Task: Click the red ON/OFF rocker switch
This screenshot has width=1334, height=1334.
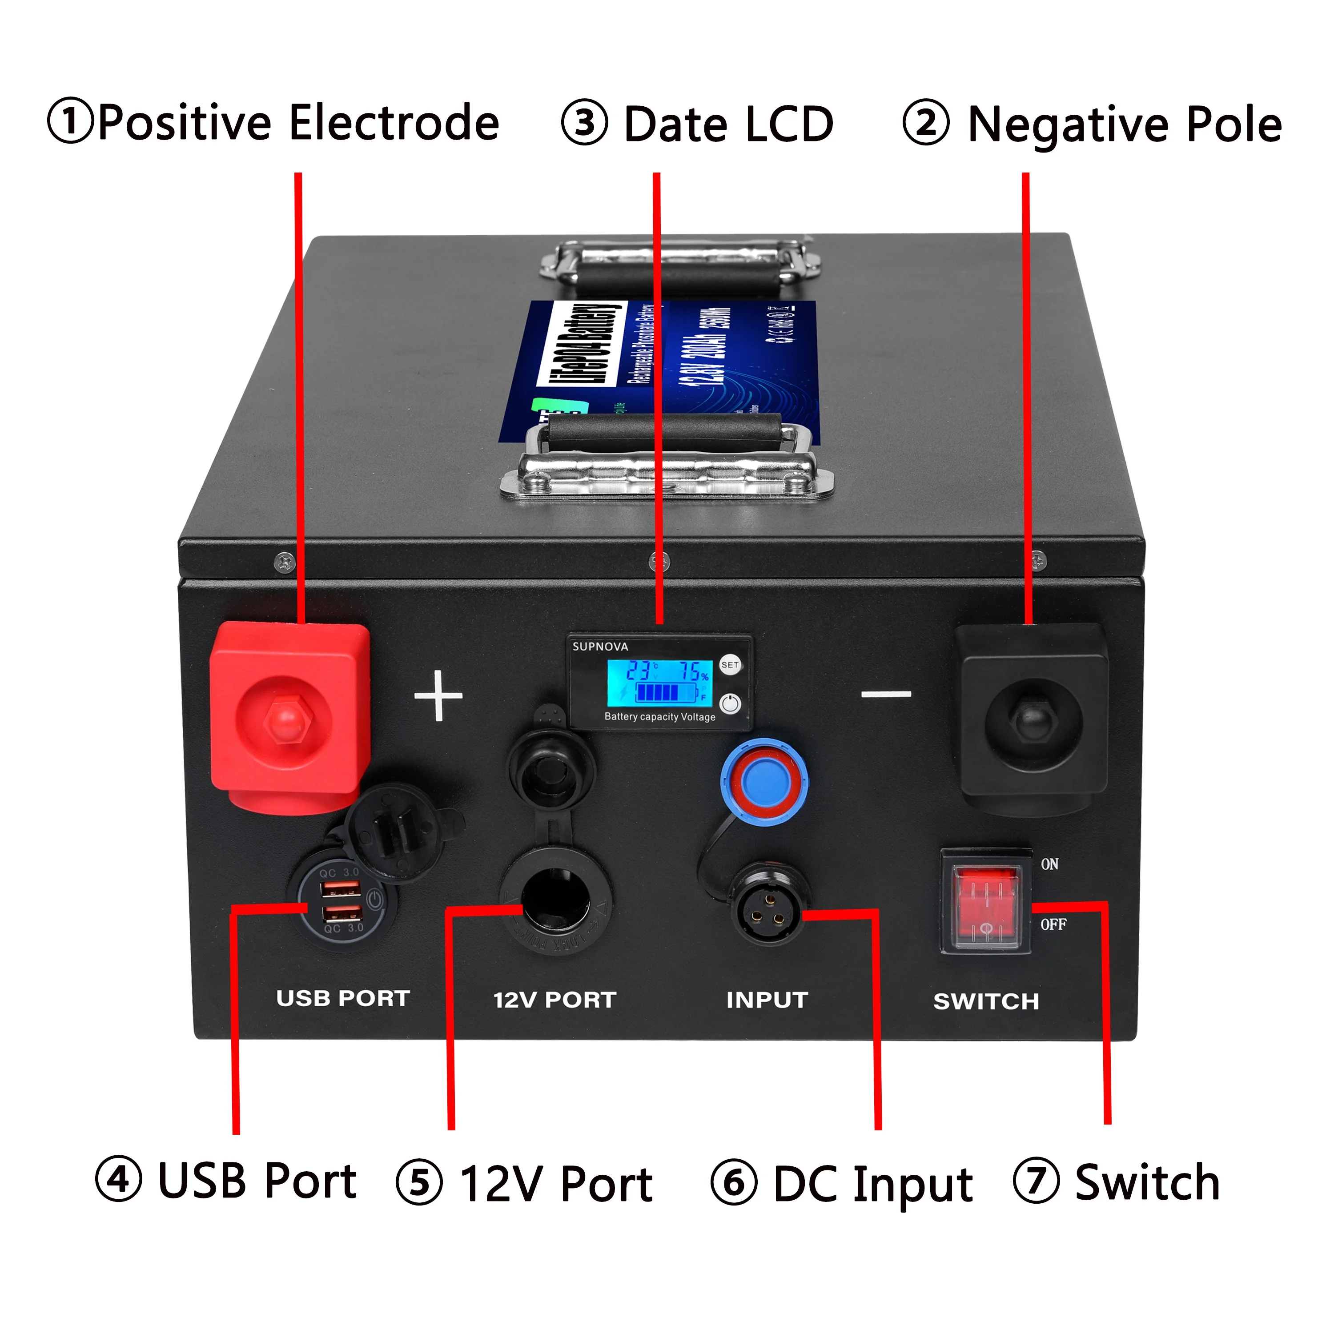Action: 986,906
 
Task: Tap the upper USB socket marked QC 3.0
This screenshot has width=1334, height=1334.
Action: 341,888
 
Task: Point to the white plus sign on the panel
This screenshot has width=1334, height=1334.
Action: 438,695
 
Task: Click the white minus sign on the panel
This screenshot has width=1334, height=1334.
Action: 886,694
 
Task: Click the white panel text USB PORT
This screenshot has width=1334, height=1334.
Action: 343,998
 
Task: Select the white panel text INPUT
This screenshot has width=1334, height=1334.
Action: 767,1000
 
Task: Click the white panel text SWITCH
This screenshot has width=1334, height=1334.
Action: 986,1001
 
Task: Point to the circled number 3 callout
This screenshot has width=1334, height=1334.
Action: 584,124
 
